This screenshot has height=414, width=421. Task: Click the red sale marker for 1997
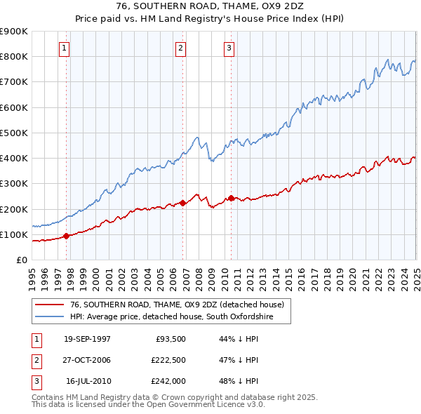tap(67, 236)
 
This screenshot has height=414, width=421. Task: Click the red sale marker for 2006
tap(183, 203)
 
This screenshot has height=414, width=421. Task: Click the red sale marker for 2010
tap(231, 198)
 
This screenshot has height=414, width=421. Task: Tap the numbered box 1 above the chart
tap(64, 48)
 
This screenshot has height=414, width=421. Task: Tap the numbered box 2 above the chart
tap(180, 48)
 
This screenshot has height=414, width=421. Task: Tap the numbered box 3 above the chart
tap(229, 48)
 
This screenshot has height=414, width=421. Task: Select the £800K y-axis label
tap(14, 56)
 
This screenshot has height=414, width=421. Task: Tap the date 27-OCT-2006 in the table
tap(87, 360)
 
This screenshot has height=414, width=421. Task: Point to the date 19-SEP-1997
tap(87, 339)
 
